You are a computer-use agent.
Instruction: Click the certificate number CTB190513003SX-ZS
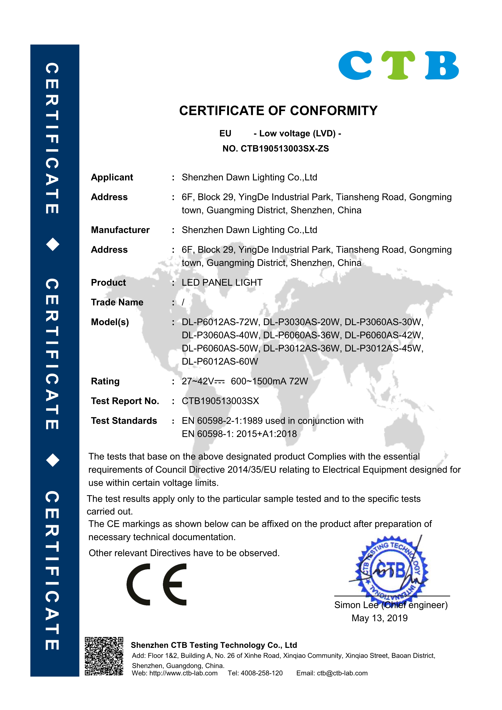[284, 149]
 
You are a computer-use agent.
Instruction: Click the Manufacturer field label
[120, 230]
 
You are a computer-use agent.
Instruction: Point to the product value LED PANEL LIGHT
[222, 282]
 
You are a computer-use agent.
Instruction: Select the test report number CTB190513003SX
[220, 401]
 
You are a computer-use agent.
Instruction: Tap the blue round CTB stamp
[391, 570]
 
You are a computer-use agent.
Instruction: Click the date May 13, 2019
[380, 618]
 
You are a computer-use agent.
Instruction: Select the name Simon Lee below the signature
[356, 605]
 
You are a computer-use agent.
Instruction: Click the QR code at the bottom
[104, 656]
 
